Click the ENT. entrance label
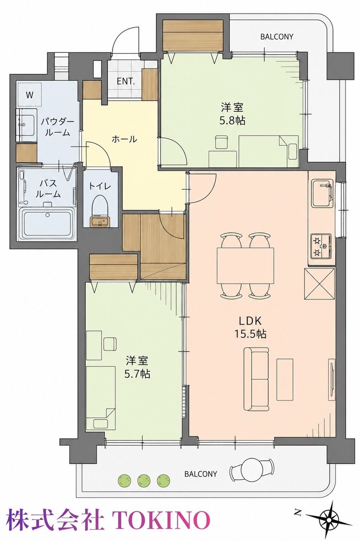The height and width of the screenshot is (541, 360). coord(126,82)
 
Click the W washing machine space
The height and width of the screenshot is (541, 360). coord(29,95)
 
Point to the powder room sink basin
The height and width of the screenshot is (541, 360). coord(27,125)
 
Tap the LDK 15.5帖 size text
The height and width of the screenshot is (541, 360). coord(250,328)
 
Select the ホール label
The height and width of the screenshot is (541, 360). coord(124,139)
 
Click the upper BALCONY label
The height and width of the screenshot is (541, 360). coord(277,37)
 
